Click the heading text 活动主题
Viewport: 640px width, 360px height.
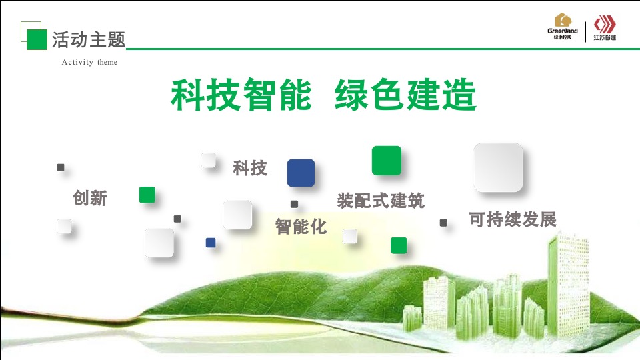(89, 40)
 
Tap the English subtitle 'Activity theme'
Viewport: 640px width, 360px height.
(89, 63)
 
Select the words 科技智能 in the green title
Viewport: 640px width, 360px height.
(241, 95)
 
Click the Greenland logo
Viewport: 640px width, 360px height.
(562, 27)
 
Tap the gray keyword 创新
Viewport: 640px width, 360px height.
(89, 198)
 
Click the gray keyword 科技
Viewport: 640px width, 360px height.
(250, 168)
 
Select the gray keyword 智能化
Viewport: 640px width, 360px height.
(301, 227)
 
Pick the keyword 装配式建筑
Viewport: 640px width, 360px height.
(381, 200)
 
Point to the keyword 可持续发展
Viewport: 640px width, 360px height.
(513, 219)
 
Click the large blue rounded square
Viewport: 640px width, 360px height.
(301, 173)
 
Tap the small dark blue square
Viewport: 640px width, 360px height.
(211, 243)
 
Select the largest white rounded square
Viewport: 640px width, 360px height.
(497, 167)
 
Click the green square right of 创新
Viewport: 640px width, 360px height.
(147, 195)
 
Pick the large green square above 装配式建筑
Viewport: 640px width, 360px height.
(387, 161)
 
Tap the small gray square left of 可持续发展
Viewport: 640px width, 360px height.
(443, 223)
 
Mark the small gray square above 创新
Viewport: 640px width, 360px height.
(61, 167)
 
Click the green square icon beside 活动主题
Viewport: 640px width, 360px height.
(37, 39)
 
